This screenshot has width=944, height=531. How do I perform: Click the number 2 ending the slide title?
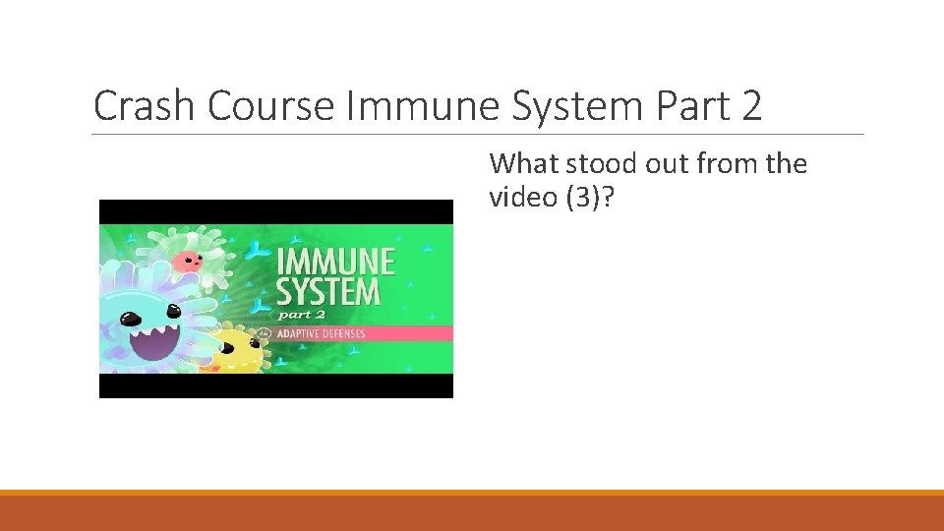click(x=751, y=106)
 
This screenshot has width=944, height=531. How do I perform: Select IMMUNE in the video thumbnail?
click(x=336, y=262)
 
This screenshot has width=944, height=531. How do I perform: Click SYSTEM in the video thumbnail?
click(x=328, y=292)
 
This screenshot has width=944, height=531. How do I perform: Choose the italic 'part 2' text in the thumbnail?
click(x=301, y=315)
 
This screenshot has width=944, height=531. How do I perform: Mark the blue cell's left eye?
click(x=128, y=319)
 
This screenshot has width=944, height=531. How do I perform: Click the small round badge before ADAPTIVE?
click(x=264, y=333)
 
